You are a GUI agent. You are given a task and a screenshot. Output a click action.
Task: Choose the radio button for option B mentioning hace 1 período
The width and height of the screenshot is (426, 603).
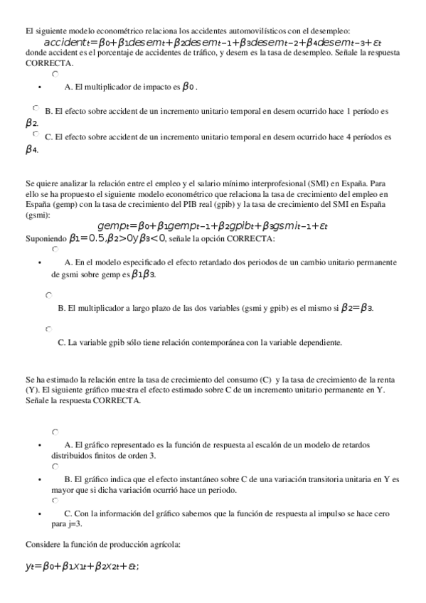coord(36,108)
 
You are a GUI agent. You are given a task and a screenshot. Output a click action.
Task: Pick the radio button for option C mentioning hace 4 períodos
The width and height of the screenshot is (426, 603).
coord(36,133)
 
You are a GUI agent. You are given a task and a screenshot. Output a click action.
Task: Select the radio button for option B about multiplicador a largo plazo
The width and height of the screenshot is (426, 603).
coord(48,294)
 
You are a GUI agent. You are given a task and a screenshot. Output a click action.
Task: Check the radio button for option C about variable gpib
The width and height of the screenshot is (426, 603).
coord(48,329)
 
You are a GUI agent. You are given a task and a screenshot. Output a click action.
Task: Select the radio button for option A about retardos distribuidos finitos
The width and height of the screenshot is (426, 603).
coord(55,432)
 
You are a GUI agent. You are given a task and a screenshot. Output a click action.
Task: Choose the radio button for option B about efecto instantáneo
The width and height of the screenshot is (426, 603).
coord(55,466)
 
